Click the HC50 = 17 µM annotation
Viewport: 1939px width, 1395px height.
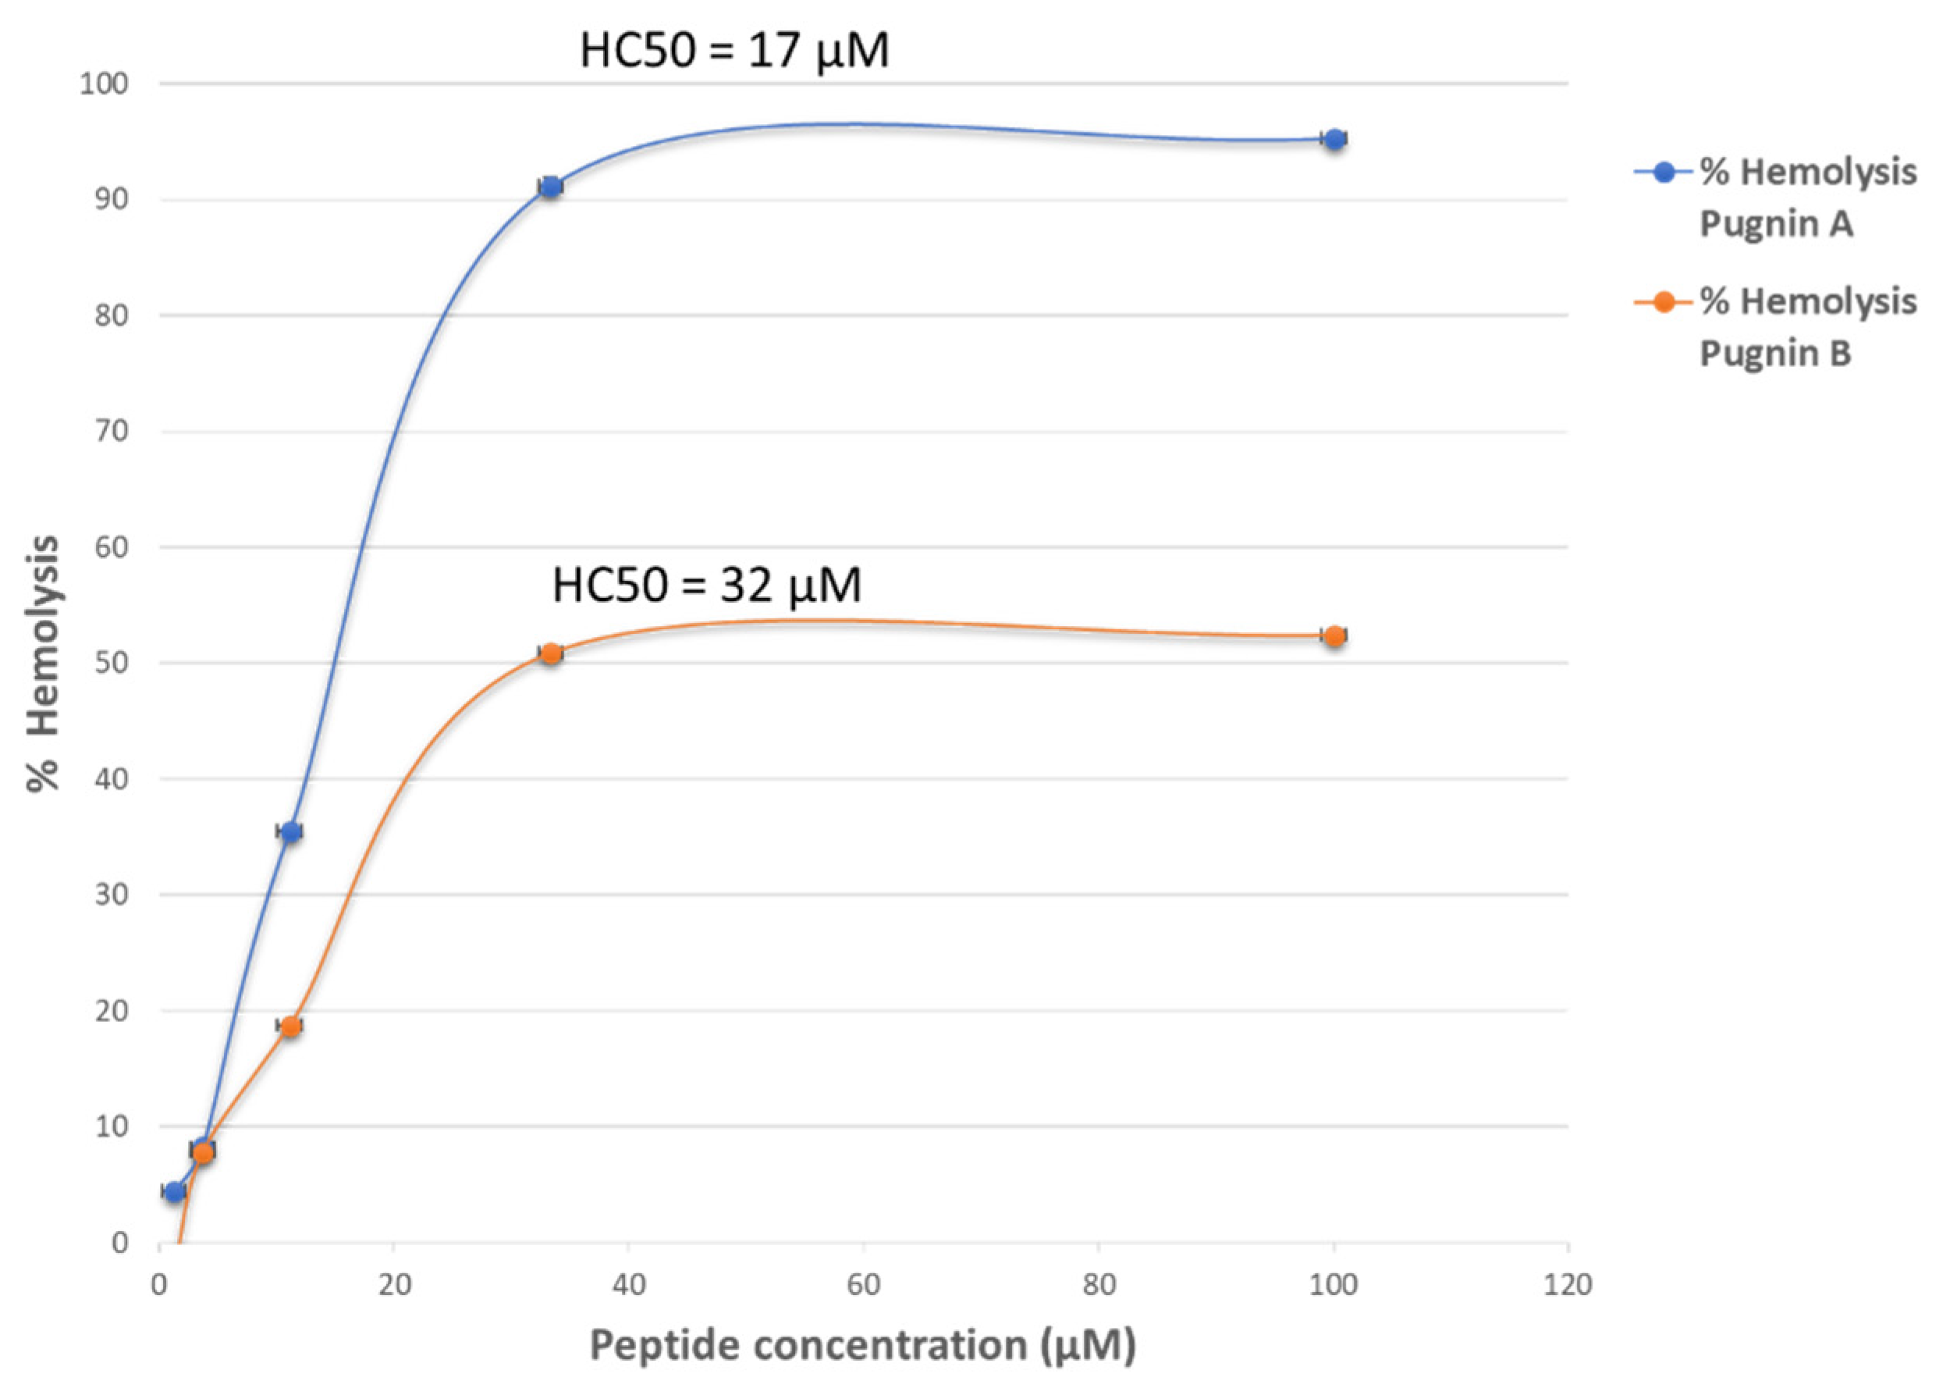click(x=734, y=51)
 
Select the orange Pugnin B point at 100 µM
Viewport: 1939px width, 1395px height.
click(x=1334, y=635)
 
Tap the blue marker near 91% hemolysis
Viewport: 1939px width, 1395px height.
click(x=551, y=187)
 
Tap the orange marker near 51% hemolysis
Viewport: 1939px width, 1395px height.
click(x=551, y=653)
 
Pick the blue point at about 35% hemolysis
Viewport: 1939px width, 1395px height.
click(x=291, y=831)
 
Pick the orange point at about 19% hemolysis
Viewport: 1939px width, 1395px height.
click(x=291, y=1027)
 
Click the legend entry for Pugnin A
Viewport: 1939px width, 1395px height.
click(x=1774, y=197)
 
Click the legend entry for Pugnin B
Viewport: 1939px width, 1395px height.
click(x=1774, y=327)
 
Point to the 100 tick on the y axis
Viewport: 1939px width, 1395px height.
click(x=104, y=84)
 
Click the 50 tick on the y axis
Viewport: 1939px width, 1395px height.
click(x=111, y=663)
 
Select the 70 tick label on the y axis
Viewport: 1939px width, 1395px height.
click(x=111, y=431)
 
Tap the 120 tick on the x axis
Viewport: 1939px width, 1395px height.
click(x=1568, y=1286)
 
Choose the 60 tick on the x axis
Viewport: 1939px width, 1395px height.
click(x=864, y=1286)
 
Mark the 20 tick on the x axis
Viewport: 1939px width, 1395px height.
click(x=394, y=1286)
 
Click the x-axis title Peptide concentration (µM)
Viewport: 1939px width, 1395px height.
click(x=863, y=1345)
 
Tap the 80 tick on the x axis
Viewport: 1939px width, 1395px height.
click(x=1099, y=1286)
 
